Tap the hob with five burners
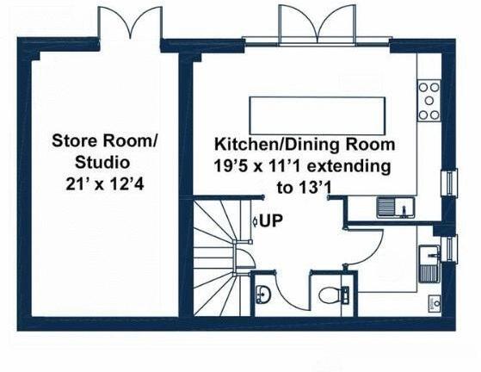tap(428, 101)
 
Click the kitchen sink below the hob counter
tap(396, 207)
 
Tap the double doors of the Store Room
tap(130, 23)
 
